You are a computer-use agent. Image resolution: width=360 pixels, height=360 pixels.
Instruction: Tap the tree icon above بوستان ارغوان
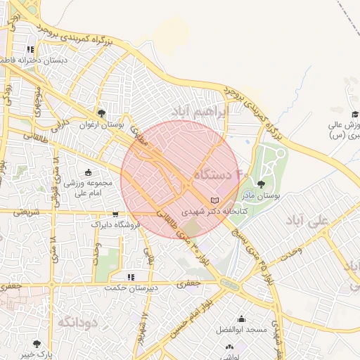[x=102, y=112]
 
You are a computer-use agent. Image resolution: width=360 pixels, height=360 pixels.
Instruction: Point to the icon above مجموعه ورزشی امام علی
[x=88, y=173]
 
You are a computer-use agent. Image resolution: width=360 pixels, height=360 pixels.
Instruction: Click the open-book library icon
[x=214, y=201]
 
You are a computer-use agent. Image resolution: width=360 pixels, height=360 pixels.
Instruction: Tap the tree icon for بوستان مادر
[x=262, y=185]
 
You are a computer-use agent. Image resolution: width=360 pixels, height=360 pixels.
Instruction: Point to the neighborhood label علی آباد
[x=307, y=220]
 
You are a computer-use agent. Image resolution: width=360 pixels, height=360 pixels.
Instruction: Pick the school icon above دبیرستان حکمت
[x=130, y=276]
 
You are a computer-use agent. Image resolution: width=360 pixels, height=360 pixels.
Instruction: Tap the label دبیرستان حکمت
[x=129, y=288]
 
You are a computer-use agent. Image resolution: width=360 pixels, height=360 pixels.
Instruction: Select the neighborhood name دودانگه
[x=76, y=322]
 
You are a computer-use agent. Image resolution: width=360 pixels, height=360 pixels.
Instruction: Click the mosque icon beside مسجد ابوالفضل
[x=242, y=319]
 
